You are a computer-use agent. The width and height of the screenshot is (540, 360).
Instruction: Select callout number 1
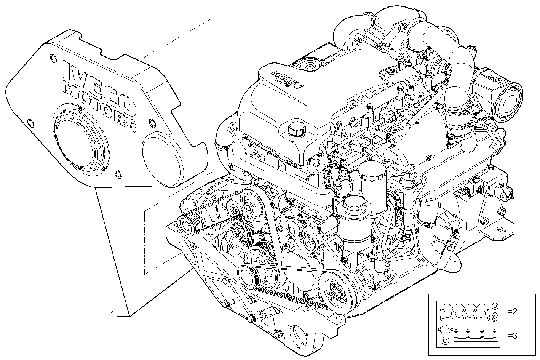[112, 314]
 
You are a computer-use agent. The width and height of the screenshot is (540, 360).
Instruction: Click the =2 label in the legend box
[512, 311]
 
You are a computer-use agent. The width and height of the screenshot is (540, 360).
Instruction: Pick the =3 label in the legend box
[512, 336]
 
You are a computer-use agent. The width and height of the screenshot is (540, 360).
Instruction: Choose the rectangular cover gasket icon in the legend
[476, 334]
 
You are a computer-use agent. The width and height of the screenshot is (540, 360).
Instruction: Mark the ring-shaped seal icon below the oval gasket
[444, 340]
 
